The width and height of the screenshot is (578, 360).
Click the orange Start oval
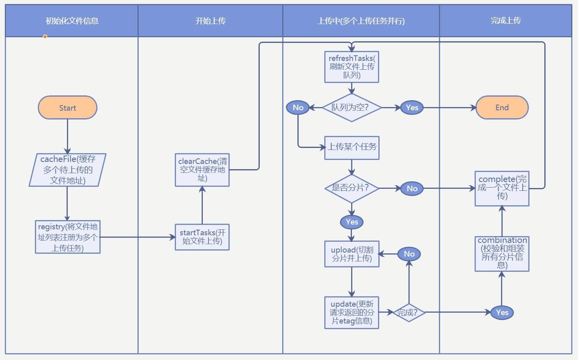[67, 107]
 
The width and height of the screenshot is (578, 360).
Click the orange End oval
[502, 107]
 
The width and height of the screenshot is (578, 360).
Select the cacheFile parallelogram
[67, 170]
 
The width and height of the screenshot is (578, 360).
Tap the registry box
[67, 237]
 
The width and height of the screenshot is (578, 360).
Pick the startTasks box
[202, 237]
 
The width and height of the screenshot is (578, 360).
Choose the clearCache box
[202, 170]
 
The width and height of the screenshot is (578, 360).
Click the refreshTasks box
[352, 67]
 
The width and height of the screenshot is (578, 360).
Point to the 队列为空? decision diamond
[351, 107]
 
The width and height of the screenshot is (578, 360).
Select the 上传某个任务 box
[352, 147]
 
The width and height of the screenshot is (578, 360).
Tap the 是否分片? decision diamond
[351, 188]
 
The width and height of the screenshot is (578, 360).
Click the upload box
[352, 254]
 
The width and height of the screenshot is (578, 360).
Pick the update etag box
[352, 312]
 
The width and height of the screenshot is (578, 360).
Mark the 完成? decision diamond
[408, 312]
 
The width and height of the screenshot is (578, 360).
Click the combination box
[502, 254]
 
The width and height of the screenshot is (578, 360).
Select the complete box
[502, 188]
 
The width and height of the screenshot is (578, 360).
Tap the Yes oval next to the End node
[412, 107]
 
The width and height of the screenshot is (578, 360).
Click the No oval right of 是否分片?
[412, 188]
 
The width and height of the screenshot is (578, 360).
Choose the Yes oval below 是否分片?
[352, 222]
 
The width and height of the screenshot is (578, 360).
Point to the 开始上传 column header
[210, 21]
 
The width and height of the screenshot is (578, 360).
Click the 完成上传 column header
[505, 21]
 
